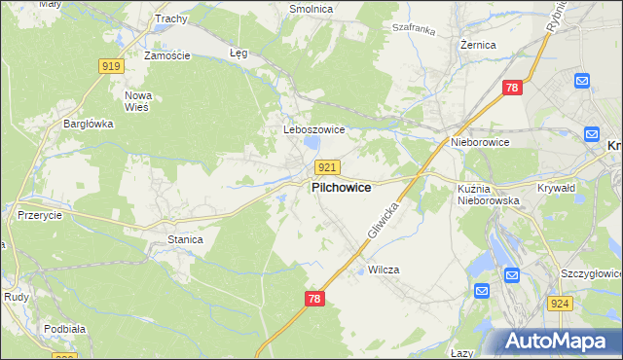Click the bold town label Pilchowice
click(x=340, y=188)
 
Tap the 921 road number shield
click(x=328, y=167)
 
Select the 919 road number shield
click(x=111, y=66)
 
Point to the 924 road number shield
click(x=559, y=305)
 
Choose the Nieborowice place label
click(x=480, y=142)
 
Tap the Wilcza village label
click(x=384, y=270)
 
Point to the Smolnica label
click(x=311, y=9)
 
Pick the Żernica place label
click(x=478, y=45)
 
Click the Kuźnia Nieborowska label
click(x=489, y=194)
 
